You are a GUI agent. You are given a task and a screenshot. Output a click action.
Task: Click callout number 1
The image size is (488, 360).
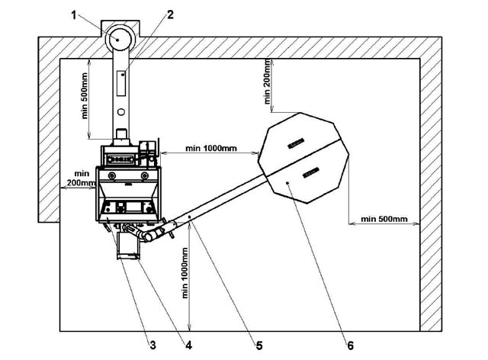tap(74, 15)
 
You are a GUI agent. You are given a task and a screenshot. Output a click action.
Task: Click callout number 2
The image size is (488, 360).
tap(170, 14)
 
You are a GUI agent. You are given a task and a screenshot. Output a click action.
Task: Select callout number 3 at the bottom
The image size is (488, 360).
tap(152, 345)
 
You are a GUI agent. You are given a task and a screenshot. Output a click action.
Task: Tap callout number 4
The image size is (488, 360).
tap(188, 345)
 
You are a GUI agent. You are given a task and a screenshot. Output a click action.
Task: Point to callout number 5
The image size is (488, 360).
tap(259, 346)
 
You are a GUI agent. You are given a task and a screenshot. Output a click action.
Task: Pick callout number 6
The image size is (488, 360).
tap(351, 346)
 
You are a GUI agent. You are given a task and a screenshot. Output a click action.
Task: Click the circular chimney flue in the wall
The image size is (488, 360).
tap(118, 39)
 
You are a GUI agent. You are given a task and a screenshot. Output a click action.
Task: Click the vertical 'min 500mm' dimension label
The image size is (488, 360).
tap(85, 96)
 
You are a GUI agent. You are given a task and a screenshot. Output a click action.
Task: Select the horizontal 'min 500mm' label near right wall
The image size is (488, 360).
tap(384, 219)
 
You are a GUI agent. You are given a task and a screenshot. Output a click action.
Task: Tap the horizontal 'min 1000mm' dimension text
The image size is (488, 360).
tap(211, 148)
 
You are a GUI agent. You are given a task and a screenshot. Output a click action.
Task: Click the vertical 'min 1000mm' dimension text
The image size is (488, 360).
tap(185, 273)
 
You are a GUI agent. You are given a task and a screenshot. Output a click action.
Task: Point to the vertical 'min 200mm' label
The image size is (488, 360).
tap(267, 82)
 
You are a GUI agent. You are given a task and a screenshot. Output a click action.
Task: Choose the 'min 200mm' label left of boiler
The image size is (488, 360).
tap(82, 178)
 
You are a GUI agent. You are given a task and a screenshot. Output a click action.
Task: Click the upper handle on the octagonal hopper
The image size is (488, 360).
tap(296, 143)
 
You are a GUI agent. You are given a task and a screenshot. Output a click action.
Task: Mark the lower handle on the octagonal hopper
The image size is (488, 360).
tap(310, 172)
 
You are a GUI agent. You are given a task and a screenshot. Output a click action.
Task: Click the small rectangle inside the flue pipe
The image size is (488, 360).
tap(121, 83)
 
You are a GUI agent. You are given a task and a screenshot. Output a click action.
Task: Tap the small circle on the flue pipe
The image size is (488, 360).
tap(121, 112)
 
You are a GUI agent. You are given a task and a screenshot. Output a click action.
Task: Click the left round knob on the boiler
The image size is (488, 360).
tap(112, 175)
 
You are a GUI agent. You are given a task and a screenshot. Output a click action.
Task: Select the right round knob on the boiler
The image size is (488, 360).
tap(145, 175)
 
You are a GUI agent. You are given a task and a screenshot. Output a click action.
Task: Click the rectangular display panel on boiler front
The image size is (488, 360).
tap(133, 207)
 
